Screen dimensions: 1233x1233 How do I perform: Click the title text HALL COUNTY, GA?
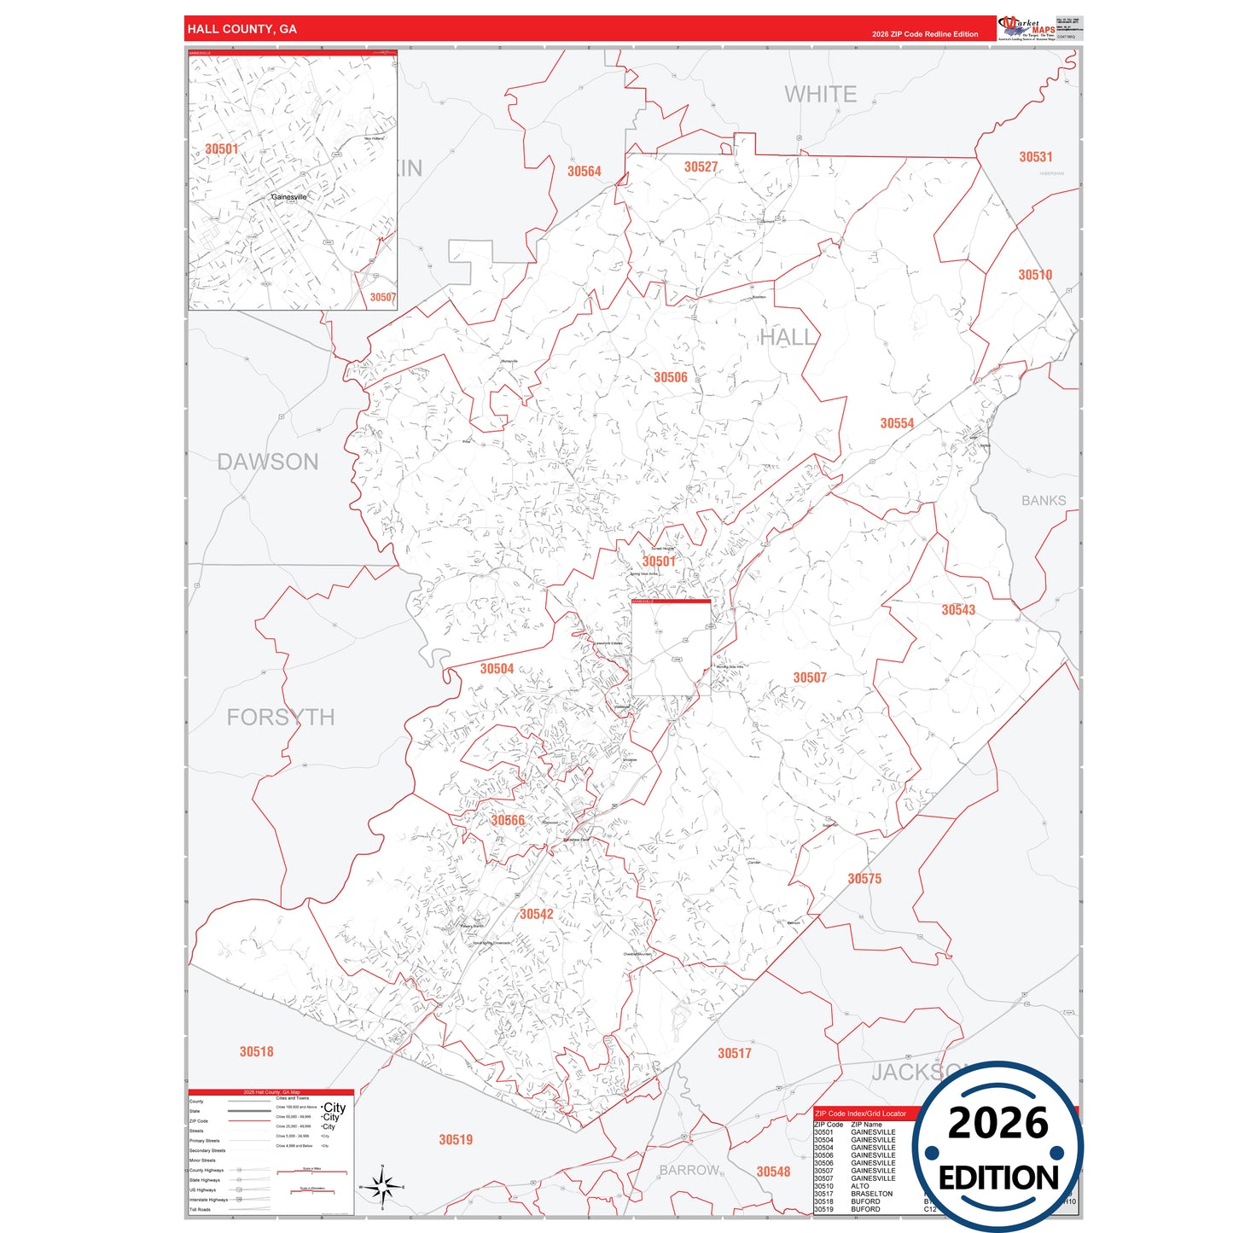pyautogui.click(x=242, y=29)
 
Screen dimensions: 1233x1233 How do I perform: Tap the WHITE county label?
pyautogui.click(x=820, y=94)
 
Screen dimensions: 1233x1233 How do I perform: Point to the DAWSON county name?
pyautogui.click(x=268, y=462)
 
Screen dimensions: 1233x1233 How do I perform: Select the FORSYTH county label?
pyautogui.click(x=281, y=717)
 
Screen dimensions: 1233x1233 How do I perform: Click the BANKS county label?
pyautogui.click(x=1044, y=501)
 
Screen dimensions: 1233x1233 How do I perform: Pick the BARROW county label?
pyautogui.click(x=689, y=1170)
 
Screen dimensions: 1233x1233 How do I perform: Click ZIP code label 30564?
pyautogui.click(x=585, y=172)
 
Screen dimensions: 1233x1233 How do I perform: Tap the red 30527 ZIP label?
pyautogui.click(x=701, y=167)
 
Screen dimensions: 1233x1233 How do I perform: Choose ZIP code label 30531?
pyautogui.click(x=1036, y=157)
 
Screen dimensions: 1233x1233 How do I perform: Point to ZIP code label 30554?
pyautogui.click(x=897, y=423)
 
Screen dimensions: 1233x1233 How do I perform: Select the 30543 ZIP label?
pyautogui.click(x=958, y=610)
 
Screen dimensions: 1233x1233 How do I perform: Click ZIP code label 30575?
pyautogui.click(x=864, y=879)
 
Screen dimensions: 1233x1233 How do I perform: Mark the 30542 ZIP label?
pyautogui.click(x=537, y=915)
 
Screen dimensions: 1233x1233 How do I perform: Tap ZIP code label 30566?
pyautogui.click(x=508, y=821)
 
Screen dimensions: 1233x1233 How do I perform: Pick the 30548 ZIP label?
pyautogui.click(x=773, y=1172)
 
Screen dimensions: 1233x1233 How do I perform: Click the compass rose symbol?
pyautogui.click(x=382, y=1187)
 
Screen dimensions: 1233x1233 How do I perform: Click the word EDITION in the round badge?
pyautogui.click(x=998, y=1178)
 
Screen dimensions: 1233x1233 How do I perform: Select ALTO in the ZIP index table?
pyautogui.click(x=860, y=1186)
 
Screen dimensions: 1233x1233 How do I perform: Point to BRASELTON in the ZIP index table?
pyautogui.click(x=871, y=1194)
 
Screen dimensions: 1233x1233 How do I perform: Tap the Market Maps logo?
pyautogui.click(x=1027, y=28)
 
